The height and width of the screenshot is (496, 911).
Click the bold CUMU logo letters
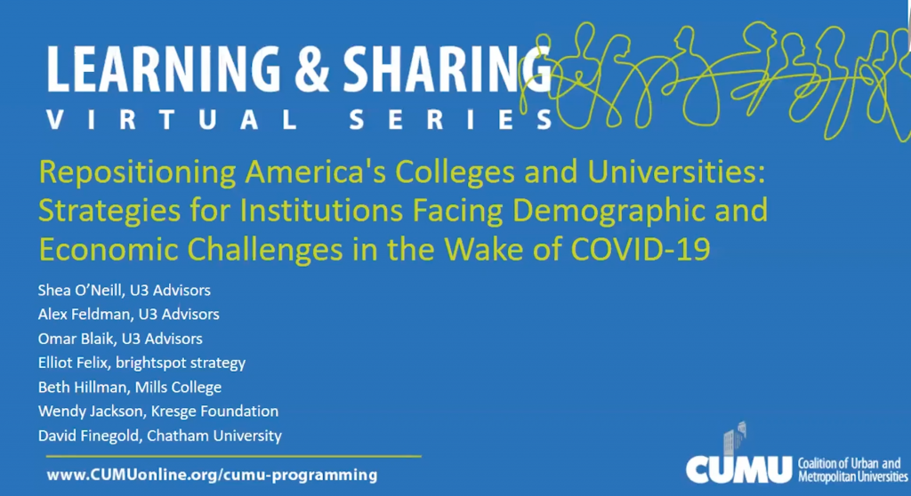click(x=738, y=468)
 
